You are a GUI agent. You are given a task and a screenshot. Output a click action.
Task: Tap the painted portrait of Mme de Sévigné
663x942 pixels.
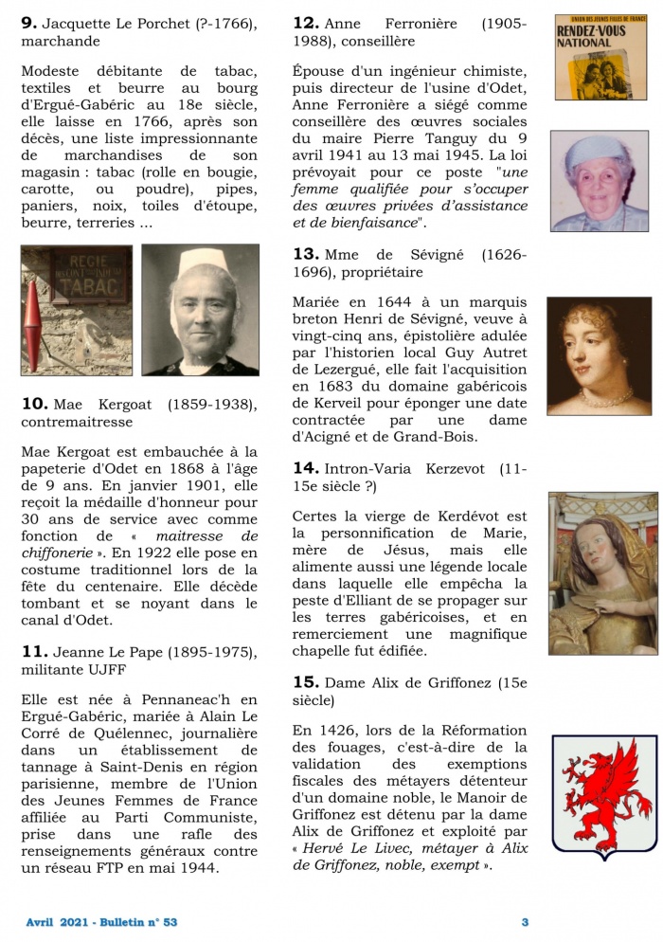[599, 356]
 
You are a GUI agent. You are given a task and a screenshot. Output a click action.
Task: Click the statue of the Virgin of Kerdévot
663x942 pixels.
[602, 572]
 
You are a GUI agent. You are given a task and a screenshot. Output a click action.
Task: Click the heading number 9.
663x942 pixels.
[28, 23]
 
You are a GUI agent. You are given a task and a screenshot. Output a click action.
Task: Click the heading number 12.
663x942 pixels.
[305, 23]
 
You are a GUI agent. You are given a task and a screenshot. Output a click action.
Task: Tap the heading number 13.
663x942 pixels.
[305, 254]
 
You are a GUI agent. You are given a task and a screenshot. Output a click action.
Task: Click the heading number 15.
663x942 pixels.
[305, 681]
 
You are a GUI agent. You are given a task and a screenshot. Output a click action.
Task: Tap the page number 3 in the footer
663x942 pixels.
[526, 921]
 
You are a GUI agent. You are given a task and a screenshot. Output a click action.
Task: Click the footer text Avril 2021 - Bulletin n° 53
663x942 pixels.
[102, 921]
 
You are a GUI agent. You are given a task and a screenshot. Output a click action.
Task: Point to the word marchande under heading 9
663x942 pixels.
[61, 42]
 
